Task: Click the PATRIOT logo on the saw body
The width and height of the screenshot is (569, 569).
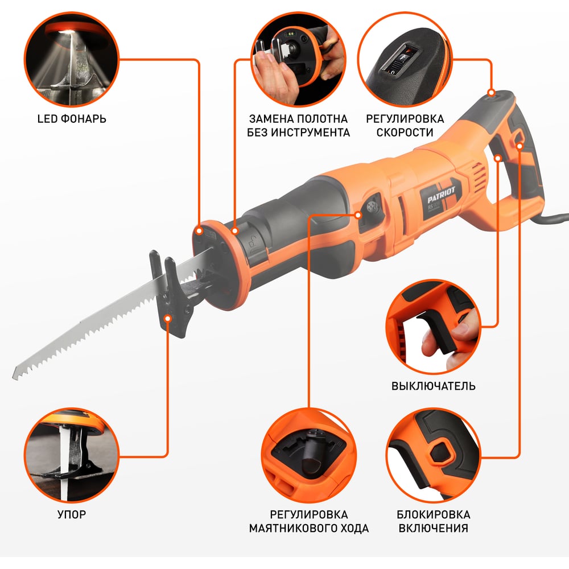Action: pos(441,195)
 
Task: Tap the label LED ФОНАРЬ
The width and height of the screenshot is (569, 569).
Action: pos(72,119)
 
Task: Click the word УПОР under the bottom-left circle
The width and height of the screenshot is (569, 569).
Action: pos(72,514)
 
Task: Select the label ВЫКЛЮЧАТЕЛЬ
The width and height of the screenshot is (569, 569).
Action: pos(433,386)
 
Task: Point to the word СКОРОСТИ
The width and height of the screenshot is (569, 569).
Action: pos(405,133)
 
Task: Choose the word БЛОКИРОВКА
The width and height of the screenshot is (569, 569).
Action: pos(433,514)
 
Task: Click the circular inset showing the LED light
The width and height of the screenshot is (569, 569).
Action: pos(72,59)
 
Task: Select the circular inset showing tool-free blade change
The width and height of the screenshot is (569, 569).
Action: pos(298,59)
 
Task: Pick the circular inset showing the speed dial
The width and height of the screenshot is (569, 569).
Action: pos(405,59)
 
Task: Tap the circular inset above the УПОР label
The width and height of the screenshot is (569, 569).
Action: pos(72,455)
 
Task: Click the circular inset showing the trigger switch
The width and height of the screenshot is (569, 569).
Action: pos(433,327)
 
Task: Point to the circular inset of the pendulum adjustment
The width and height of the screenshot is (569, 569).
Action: pos(309,455)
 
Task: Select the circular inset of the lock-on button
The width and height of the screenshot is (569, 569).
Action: pos(433,455)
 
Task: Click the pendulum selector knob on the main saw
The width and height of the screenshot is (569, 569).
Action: pos(372,207)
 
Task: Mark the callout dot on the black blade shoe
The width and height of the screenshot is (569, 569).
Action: pos(168,318)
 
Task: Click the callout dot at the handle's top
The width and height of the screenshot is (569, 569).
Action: pos(492,93)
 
